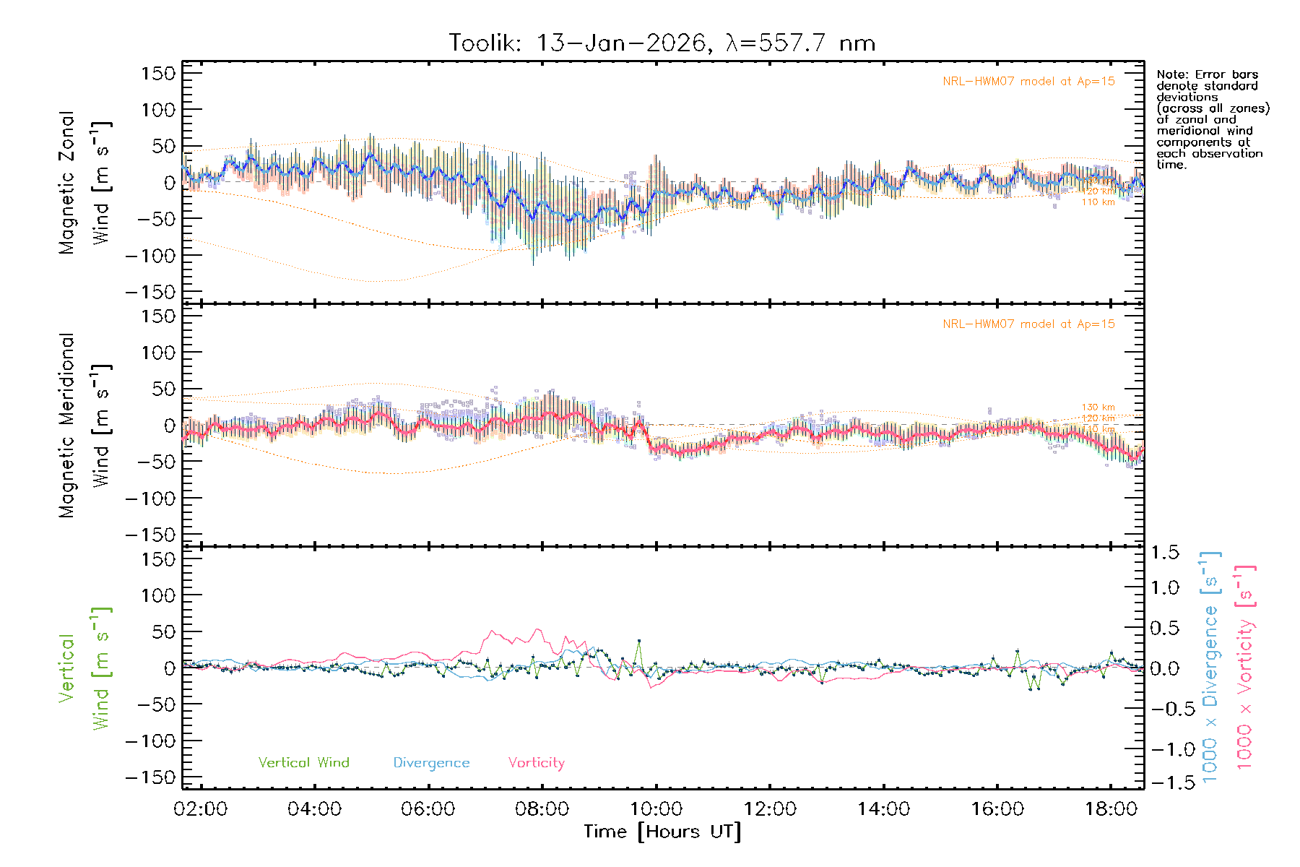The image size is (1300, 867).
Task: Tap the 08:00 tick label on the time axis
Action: point(542,809)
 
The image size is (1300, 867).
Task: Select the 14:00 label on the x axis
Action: point(883,809)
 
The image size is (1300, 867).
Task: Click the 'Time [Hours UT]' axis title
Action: point(662,832)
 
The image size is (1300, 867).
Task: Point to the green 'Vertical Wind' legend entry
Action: point(303,762)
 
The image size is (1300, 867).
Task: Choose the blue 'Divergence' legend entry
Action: point(431,762)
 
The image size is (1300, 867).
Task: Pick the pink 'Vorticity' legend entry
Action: point(536,762)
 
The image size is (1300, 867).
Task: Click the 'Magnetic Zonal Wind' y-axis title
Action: point(84,183)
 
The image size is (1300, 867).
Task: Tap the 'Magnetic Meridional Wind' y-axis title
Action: point(84,426)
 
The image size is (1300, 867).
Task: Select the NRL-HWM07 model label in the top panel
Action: point(1028,82)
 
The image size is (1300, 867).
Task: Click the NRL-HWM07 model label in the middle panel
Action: point(1028,324)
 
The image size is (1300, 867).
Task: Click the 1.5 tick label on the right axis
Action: point(1164,553)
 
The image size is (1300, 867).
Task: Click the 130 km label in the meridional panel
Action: point(1098,407)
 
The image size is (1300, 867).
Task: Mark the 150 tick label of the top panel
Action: point(158,73)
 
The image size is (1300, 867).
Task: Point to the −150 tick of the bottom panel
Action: point(151,778)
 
